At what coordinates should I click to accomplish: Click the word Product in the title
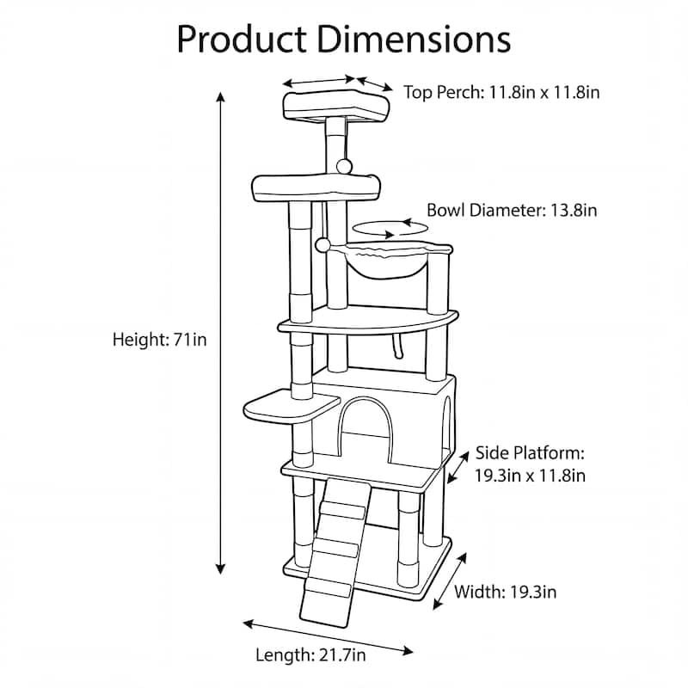242,39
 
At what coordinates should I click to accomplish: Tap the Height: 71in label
160,340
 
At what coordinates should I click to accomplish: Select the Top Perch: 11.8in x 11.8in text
501,91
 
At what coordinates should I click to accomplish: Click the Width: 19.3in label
505,592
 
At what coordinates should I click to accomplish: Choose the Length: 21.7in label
311,655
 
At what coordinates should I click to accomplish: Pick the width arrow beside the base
449,580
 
